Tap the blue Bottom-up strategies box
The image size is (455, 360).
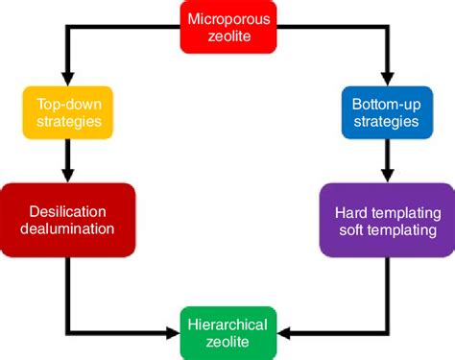click(386, 112)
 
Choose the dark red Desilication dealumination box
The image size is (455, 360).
click(67, 219)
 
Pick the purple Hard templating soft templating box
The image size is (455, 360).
click(386, 221)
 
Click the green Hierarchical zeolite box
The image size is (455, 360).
click(227, 330)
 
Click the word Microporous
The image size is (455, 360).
click(227, 18)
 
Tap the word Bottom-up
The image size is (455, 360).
click(386, 104)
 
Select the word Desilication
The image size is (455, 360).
click(67, 209)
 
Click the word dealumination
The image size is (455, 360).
click(67, 229)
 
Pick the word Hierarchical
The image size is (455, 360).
click(227, 321)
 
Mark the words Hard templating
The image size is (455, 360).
click(386, 211)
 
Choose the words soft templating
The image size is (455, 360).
click(386, 231)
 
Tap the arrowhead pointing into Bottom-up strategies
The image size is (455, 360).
click(386, 78)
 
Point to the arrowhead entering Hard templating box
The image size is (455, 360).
click(386, 177)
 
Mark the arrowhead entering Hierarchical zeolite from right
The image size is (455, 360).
click(283, 331)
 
